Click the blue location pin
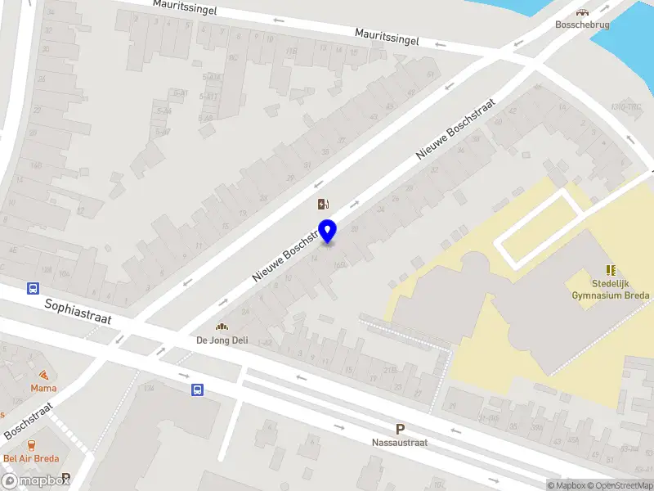[x=328, y=231]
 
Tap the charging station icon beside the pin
[x=324, y=204]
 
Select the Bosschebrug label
[x=582, y=25]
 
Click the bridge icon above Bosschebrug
[x=582, y=12]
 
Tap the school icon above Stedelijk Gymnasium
[x=611, y=269]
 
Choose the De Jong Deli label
[x=222, y=340]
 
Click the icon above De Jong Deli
[x=222, y=326]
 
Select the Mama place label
[x=43, y=388]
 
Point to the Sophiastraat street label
[x=78, y=312]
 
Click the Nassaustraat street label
[x=400, y=442]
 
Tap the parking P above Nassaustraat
[x=400, y=429]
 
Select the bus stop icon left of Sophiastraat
[x=34, y=288]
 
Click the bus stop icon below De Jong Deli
[x=197, y=390]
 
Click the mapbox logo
[x=35, y=482]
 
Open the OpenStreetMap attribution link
[x=619, y=485]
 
